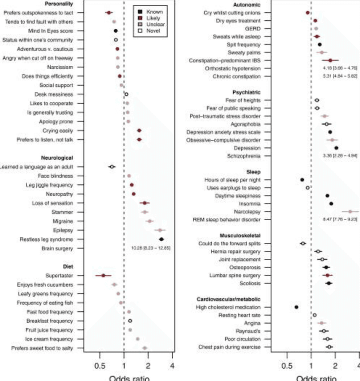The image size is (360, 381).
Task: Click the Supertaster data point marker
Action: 103,275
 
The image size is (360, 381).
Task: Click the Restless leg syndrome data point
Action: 161,239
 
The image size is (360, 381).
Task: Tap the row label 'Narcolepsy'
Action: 247,212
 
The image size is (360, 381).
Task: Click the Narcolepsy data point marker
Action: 350,212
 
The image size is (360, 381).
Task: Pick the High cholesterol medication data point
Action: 296,307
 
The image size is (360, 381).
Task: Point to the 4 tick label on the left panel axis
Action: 173,363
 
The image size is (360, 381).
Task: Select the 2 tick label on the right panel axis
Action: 335,363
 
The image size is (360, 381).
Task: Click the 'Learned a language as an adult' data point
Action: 112,167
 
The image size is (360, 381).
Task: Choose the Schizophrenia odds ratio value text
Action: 340,156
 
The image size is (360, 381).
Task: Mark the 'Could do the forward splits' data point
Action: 303,243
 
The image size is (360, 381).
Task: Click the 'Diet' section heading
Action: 68,266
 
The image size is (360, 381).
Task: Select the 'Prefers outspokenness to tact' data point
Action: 109,13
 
